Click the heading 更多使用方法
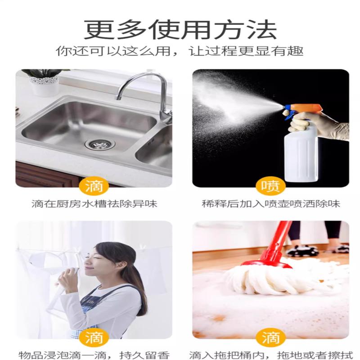pyautogui.click(x=180, y=29)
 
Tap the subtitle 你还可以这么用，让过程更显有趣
pyautogui.click(x=180, y=51)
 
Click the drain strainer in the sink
pyautogui.click(x=99, y=144)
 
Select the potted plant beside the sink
pyautogui.click(x=44, y=81)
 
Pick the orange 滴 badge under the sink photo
pyautogui.click(x=94, y=186)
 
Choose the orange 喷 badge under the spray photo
pyautogui.click(x=270, y=186)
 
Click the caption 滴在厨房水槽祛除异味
pyautogui.click(x=94, y=204)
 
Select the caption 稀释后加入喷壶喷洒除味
pyautogui.click(x=271, y=204)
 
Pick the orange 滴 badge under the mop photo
pyautogui.click(x=270, y=337)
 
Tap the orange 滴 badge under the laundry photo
pyautogui.click(x=94, y=337)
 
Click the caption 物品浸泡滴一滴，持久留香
pyautogui.click(x=94, y=355)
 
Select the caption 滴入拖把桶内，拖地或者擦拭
pyautogui.click(x=271, y=355)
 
